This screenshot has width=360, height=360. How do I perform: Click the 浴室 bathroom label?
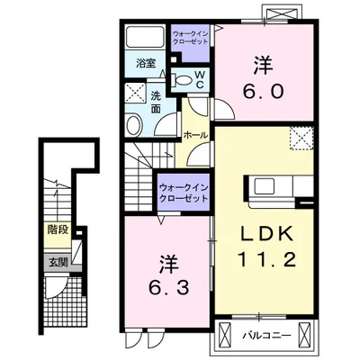[x=146, y=64]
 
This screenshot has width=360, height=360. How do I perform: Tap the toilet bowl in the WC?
[x=182, y=80]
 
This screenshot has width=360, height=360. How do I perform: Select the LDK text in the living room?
[x=267, y=234]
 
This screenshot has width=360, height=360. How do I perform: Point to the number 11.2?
[x=266, y=259]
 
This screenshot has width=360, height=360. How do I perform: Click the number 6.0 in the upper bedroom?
[x=263, y=91]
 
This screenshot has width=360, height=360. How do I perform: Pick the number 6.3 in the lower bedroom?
[x=169, y=288]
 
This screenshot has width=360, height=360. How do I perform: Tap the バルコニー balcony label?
[x=266, y=335]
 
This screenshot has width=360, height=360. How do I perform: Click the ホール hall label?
[x=195, y=135]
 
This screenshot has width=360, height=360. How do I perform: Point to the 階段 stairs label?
[x=58, y=230]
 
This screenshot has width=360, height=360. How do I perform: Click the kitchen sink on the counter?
[x=264, y=186]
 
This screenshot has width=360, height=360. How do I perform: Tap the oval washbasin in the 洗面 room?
[x=134, y=125]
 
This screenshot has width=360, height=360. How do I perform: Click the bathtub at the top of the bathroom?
[x=145, y=36]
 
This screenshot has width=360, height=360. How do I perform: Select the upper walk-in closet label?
[x=191, y=37]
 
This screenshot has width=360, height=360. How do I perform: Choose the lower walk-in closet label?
[x=184, y=193]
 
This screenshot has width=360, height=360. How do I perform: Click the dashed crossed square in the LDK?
[x=301, y=138]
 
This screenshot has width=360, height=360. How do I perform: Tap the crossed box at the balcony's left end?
[x=224, y=334]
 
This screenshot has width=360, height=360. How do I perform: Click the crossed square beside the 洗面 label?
[x=135, y=93]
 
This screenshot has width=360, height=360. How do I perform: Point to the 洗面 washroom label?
[x=156, y=103]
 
